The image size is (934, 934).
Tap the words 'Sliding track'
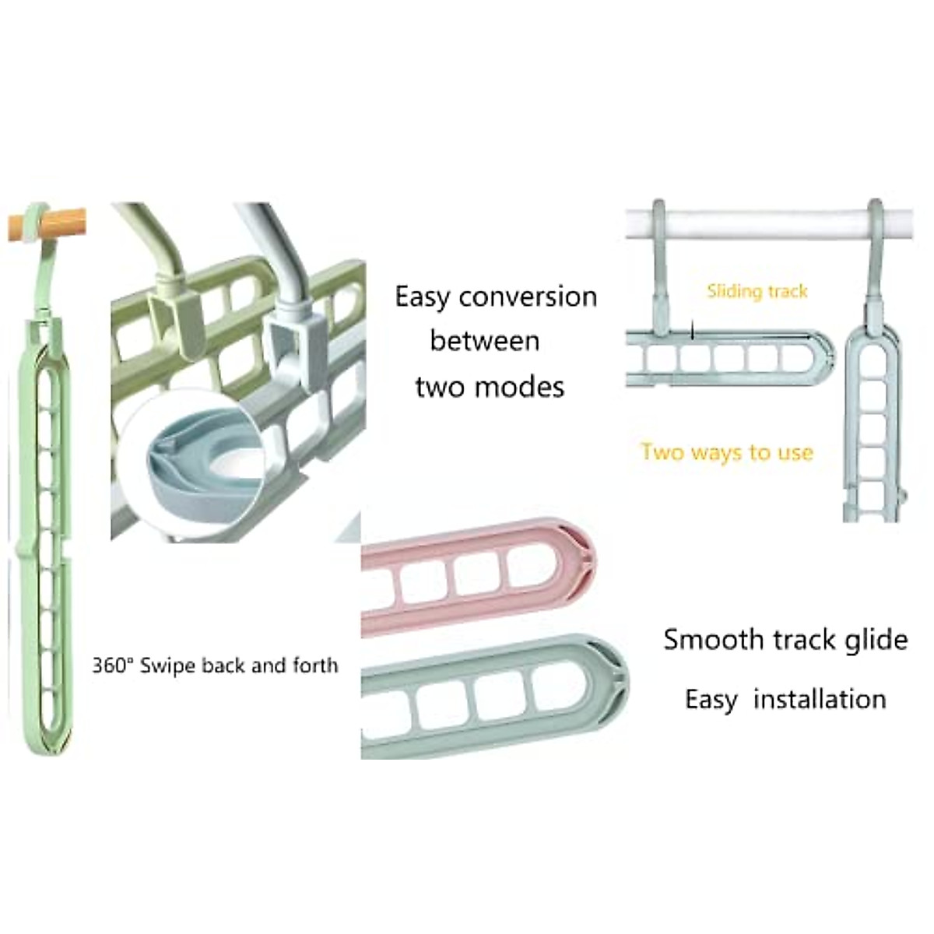point(757,291)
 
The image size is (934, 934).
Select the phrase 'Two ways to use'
point(727,452)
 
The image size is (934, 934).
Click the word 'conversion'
point(528,297)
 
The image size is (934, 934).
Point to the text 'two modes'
point(490,387)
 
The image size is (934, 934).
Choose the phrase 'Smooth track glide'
point(785,640)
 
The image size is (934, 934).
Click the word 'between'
point(485,341)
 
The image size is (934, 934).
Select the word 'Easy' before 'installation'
point(711,700)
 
